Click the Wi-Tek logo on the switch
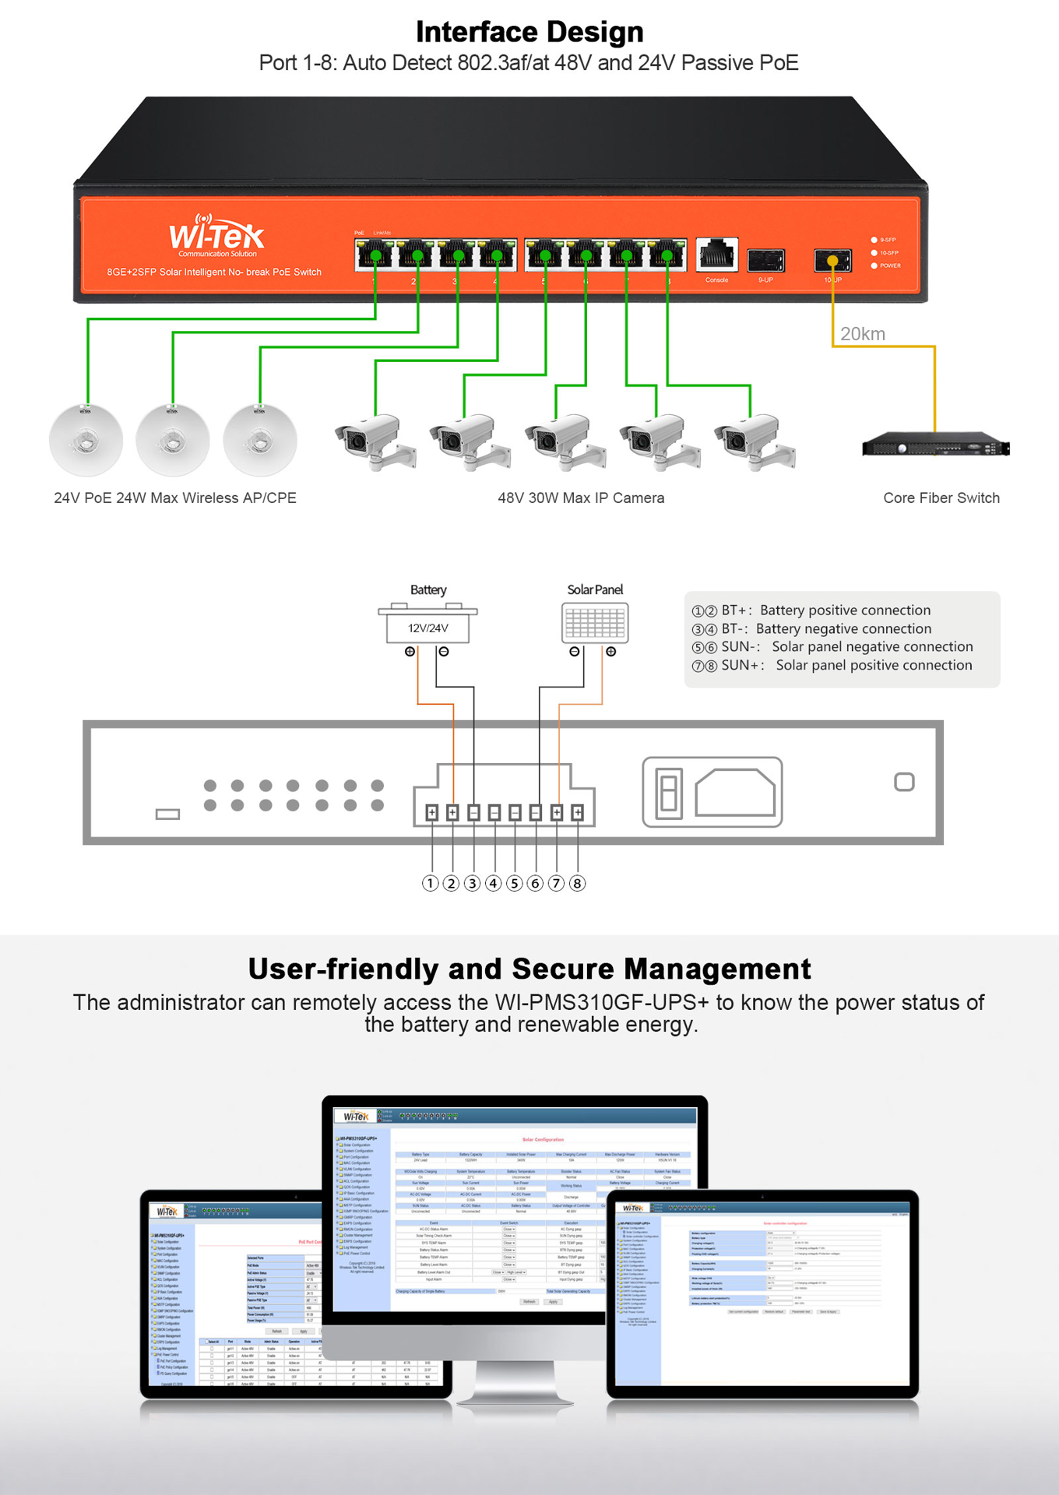click(216, 234)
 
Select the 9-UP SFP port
click(765, 260)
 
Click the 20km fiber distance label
click(862, 334)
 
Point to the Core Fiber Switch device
click(935, 447)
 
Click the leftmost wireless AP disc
click(86, 440)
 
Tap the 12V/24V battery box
click(427, 628)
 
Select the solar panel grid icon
click(595, 623)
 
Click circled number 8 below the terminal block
click(577, 883)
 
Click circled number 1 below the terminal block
click(430, 883)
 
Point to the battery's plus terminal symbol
click(410, 652)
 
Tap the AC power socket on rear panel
click(735, 793)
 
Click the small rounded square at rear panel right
click(904, 782)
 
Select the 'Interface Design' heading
click(529, 32)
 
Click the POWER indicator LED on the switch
click(874, 266)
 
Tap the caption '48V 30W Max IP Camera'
click(581, 498)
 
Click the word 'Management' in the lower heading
click(717, 969)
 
